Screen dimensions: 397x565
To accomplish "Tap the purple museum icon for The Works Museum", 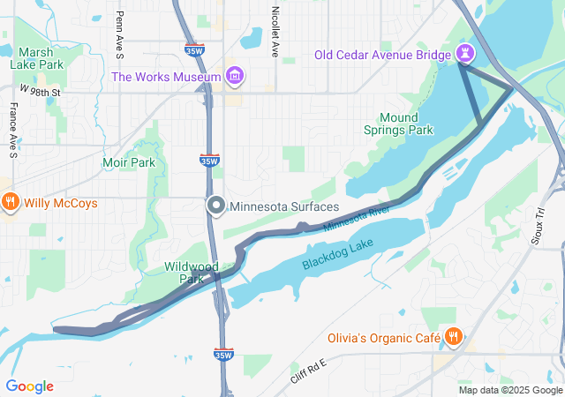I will [x=233, y=77].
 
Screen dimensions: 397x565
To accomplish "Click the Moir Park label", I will [x=128, y=162].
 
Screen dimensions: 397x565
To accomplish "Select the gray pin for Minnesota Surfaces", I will [x=216, y=206].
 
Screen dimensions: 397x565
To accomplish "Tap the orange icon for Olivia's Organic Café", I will [x=453, y=335].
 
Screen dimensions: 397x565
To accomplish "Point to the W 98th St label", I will [x=40, y=90].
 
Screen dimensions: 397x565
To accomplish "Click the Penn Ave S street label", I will [x=120, y=31].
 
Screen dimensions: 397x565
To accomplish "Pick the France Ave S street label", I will [x=13, y=131].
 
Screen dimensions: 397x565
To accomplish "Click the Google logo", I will [x=29, y=386].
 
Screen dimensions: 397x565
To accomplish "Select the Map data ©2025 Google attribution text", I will [x=509, y=390].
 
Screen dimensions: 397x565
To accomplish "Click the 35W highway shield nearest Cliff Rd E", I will [x=223, y=355].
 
